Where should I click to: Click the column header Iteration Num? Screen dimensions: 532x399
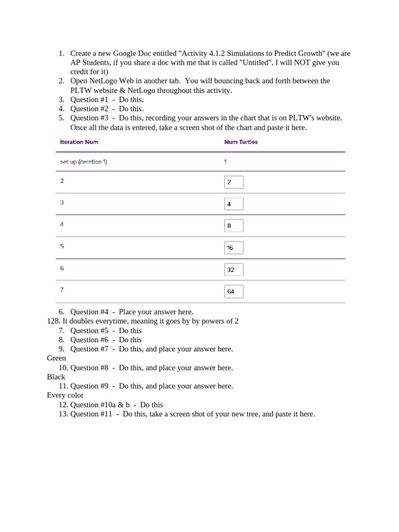pos(79,142)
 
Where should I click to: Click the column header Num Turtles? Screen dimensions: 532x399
pos(241,142)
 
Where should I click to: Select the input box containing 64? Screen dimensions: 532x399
pos(234,291)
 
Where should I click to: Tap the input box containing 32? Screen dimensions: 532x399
pos(234,270)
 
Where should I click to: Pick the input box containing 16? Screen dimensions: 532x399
pos(234,248)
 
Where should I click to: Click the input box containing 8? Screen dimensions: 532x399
pos(234,226)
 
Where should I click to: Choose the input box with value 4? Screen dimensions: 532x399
pos(234,204)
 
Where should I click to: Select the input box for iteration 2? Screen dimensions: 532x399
pos(234,182)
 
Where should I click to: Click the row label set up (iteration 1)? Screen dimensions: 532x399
pos(84,162)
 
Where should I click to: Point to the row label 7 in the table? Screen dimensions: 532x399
pos(62,290)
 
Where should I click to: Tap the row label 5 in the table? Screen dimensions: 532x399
pos(62,246)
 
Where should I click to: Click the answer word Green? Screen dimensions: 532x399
pos(56,358)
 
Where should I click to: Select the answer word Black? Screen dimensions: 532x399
pos(56,377)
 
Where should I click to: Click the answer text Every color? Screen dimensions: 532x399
pos(65,395)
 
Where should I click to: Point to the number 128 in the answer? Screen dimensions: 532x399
pos(52,321)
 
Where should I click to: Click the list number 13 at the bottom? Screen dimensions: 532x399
pos(63,414)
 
